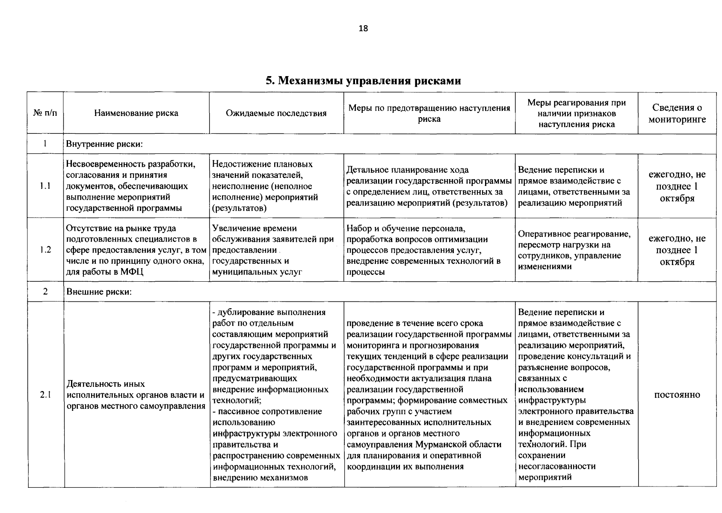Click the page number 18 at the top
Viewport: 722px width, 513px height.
[363, 29]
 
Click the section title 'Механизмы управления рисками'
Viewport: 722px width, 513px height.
[363, 80]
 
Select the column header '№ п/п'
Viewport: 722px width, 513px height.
[45, 113]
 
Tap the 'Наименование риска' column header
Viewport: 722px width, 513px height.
[136, 113]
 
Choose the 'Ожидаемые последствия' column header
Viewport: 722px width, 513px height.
[276, 113]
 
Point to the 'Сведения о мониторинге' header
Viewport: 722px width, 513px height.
[677, 113]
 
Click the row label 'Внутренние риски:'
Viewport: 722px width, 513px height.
[104, 144]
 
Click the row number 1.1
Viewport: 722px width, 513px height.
[45, 186]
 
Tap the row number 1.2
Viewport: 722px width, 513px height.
[45, 250]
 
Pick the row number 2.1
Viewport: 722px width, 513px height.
[45, 395]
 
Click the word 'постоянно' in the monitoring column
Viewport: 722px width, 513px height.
[677, 395]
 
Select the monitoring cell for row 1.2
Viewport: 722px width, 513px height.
[677, 250]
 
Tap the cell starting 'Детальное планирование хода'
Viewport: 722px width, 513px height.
[429, 186]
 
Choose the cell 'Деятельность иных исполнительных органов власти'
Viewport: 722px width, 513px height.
[136, 395]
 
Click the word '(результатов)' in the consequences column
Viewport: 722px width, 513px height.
[240, 208]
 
